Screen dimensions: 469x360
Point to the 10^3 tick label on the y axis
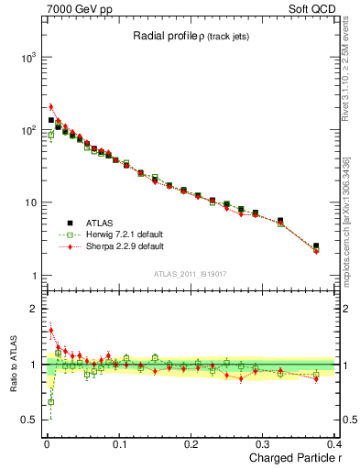[x=28, y=57]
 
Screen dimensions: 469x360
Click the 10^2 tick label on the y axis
[x=28, y=130]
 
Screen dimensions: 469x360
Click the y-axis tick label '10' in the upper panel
[x=30, y=202]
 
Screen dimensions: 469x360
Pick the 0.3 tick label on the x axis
[x=263, y=443]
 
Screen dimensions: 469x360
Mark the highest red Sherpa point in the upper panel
[x=51, y=107]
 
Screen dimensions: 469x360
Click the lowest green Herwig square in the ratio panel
[x=51, y=401]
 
